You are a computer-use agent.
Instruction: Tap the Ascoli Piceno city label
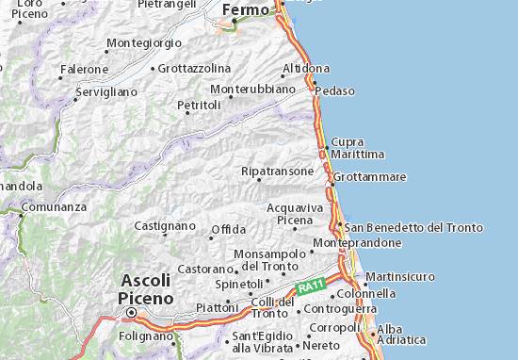[x=145, y=287]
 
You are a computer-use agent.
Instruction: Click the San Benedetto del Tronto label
[x=413, y=227]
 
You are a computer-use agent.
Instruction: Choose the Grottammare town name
[x=371, y=176]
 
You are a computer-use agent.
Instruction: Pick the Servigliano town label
[x=106, y=92]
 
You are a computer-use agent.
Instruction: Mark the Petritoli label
[x=199, y=105]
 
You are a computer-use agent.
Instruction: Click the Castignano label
[x=165, y=226]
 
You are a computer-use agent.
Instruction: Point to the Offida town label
[x=229, y=229]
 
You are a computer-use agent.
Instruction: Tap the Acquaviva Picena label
[x=295, y=213]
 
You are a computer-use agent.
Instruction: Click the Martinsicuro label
[x=399, y=276]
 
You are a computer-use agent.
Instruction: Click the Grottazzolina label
[x=194, y=68]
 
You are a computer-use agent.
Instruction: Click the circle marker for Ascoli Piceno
[x=132, y=312]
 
